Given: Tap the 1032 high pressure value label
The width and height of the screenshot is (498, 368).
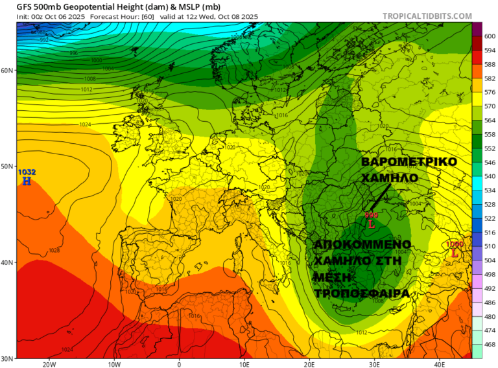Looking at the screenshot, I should click(x=27, y=172).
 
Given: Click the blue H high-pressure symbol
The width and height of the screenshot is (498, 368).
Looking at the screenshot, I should click(x=27, y=181).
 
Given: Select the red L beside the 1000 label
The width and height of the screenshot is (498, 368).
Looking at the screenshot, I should click(x=455, y=253).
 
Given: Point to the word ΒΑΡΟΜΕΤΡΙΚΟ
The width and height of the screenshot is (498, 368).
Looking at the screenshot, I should click(x=409, y=161).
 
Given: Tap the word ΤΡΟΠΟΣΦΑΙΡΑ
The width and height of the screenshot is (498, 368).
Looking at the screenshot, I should click(x=361, y=293).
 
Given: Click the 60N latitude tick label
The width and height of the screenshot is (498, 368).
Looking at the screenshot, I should click(x=8, y=70).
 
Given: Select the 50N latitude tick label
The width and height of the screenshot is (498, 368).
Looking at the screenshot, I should click(x=8, y=167).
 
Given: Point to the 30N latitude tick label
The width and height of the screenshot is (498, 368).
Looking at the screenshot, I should click(x=8, y=358).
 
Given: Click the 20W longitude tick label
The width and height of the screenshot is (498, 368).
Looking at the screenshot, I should click(x=49, y=363).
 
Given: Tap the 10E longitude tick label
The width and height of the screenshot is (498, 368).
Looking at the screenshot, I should click(x=244, y=363).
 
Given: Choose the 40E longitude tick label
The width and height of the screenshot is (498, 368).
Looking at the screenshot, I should click(x=440, y=363).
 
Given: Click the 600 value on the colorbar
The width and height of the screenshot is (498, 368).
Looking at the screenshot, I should click(x=490, y=37).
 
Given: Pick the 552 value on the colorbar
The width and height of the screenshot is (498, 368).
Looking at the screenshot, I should click(x=490, y=149).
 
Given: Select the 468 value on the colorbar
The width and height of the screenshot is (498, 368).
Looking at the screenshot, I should click(x=490, y=345).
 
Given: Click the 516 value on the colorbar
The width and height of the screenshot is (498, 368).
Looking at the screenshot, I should click(x=490, y=233).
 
